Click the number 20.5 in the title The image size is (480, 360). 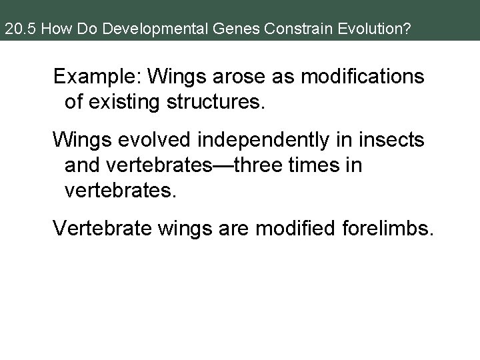(x=17, y=30)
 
